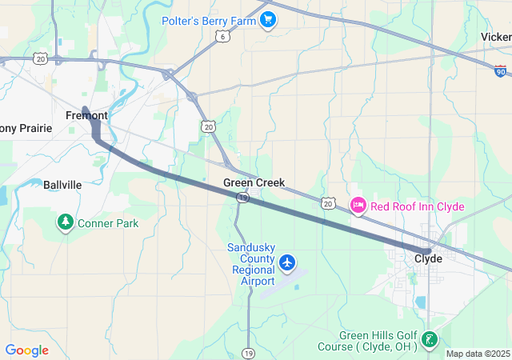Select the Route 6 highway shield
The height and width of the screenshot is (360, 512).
[222, 37]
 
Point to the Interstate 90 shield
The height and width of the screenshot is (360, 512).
[501, 72]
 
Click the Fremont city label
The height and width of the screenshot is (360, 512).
[86, 115]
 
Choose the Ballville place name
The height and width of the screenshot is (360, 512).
[62, 185]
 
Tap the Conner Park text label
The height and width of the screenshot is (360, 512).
[108, 223]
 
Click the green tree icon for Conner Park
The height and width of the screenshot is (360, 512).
[65, 222]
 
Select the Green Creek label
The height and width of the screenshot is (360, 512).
[254, 182]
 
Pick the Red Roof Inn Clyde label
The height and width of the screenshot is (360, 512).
[417, 206]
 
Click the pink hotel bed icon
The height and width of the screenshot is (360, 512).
[358, 206]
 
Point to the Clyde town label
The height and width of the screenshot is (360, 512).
[429, 258]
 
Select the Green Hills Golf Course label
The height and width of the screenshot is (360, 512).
[378, 341]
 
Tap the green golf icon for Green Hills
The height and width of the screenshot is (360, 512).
[430, 340]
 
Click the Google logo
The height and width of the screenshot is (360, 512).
[26, 350]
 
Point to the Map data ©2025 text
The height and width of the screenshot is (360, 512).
[478, 354]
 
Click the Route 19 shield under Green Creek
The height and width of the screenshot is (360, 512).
[243, 197]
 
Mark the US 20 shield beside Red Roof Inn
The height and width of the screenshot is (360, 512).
[328, 204]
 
